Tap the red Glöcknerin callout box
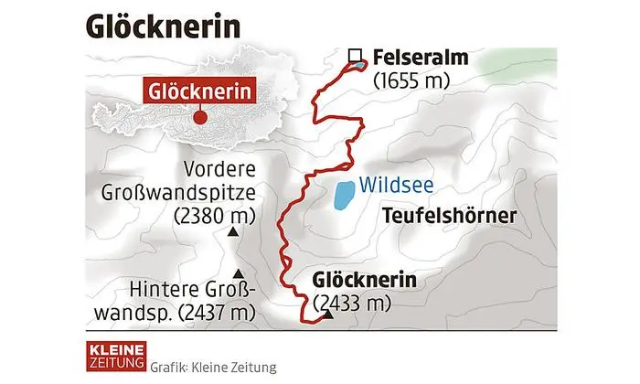click(x=199, y=91)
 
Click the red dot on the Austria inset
click(x=199, y=117)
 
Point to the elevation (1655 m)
click(x=413, y=80)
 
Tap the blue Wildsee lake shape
click(x=344, y=195)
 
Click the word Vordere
click(x=221, y=169)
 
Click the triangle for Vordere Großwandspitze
click(x=233, y=235)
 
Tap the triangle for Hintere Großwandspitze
click(x=240, y=272)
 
